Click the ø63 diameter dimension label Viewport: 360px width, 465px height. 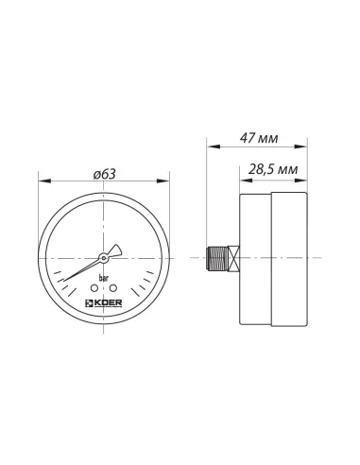[106, 173]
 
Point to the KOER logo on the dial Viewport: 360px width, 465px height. [105, 303]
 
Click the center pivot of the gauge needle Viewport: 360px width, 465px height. [105, 257]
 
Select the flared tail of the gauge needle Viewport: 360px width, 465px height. [115, 250]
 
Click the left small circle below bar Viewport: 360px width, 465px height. [95, 288]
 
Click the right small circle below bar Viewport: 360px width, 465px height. [113, 288]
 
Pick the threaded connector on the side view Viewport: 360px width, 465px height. [214, 257]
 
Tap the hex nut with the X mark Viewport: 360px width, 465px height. [231, 257]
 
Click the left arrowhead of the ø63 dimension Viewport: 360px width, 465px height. [43, 181]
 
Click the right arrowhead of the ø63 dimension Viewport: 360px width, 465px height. [167, 181]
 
